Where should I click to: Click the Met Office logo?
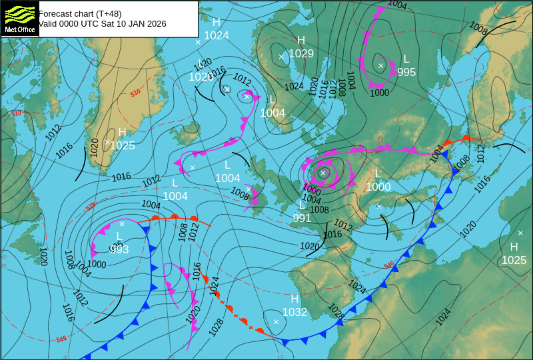[x=20, y=18]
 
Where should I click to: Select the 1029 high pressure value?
[x=301, y=53]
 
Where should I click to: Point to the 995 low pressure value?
[x=406, y=72]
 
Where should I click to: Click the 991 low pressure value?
[x=302, y=218]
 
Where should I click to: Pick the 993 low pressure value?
[x=119, y=249]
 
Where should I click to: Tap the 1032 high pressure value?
[x=294, y=312]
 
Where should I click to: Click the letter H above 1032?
[x=294, y=299]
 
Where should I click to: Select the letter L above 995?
[x=406, y=59]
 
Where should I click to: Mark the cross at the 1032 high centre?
[x=276, y=322]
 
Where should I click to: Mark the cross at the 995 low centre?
[x=381, y=65]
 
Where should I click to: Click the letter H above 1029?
[x=301, y=40]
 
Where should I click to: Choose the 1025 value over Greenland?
[x=123, y=145]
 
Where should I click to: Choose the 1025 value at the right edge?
[x=514, y=260]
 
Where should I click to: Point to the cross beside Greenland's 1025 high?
[x=107, y=141]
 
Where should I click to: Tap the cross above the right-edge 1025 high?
[x=520, y=233]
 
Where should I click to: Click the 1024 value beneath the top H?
[x=217, y=36]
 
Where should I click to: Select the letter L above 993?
[x=119, y=236]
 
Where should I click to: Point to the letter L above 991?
[x=302, y=205]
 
